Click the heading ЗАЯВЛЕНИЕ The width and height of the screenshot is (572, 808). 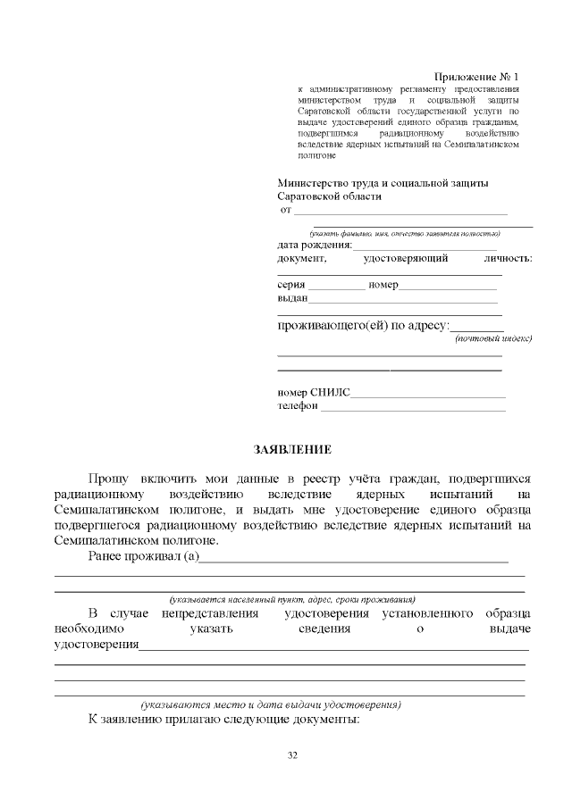293,449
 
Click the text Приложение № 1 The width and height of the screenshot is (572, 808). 475,79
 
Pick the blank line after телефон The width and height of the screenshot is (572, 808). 412,408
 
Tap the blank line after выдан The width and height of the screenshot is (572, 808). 402,301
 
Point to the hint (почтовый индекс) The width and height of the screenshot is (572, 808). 492,339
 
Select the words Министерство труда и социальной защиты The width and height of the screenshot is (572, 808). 383,183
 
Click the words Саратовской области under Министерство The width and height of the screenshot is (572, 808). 329,196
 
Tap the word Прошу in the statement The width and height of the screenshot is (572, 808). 108,479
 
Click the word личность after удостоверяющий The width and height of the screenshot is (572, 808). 507,259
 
